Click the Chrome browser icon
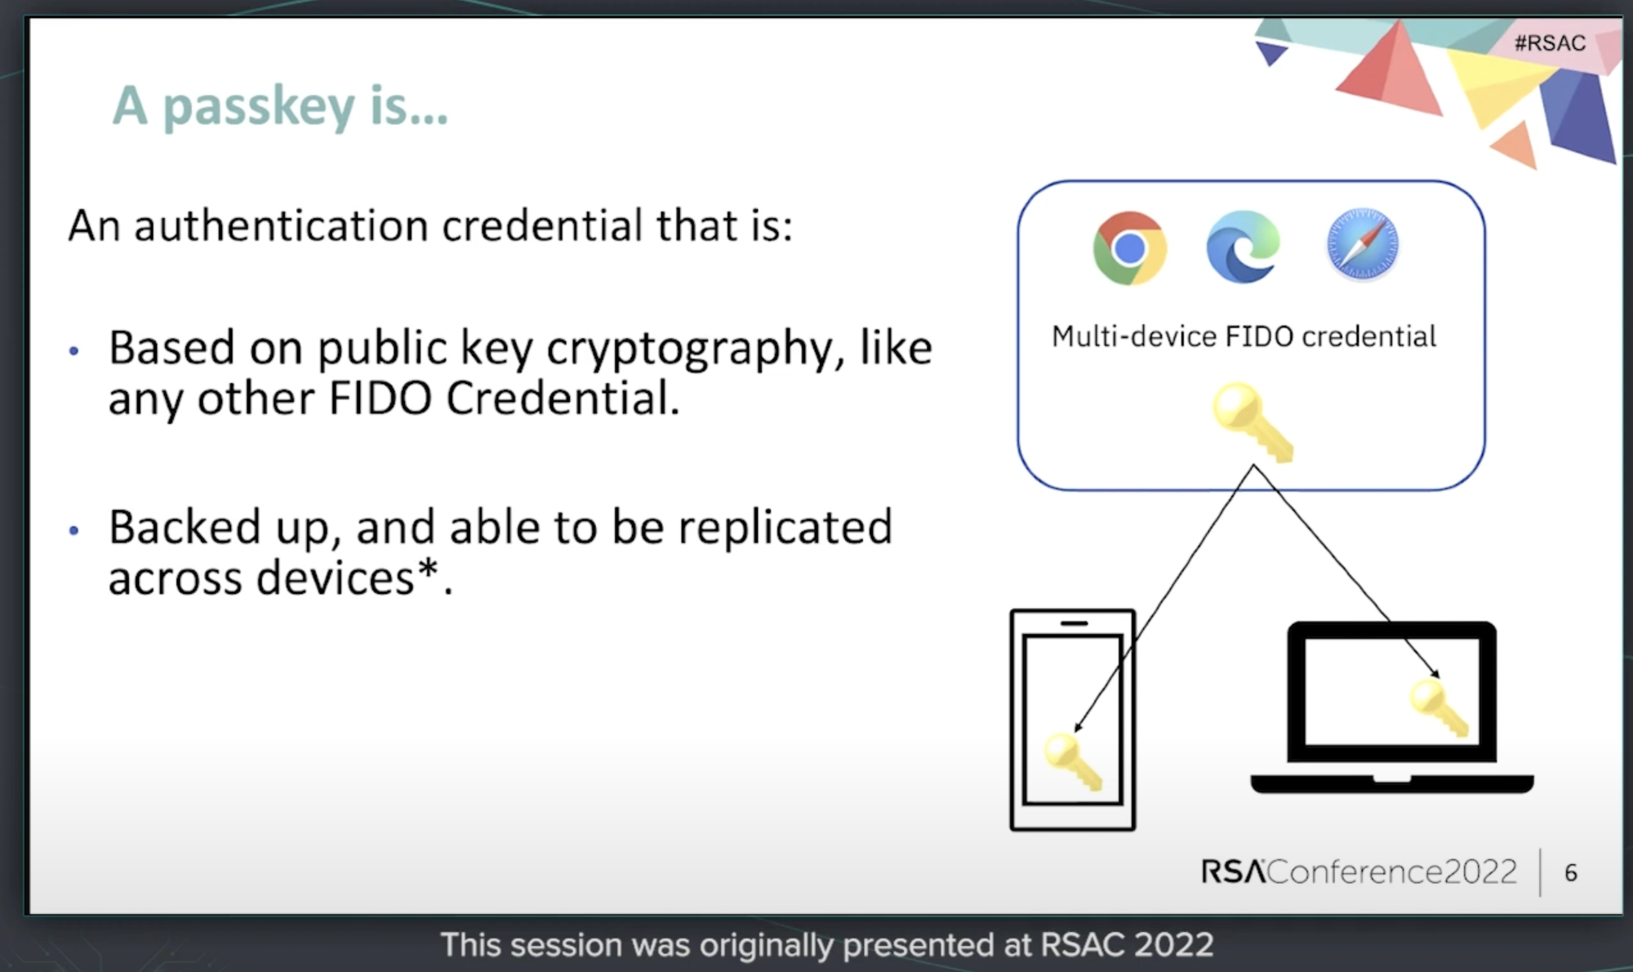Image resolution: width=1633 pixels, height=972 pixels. (1129, 247)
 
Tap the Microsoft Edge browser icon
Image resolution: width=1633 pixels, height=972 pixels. (1243, 247)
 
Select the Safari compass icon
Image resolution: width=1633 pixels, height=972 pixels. (1362, 244)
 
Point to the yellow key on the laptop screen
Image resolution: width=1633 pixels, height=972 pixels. (1439, 708)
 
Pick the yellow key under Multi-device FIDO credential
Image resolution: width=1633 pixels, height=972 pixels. (1253, 422)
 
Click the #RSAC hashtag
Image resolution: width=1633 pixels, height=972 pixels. (1550, 42)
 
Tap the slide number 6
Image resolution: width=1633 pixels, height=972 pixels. (1570, 873)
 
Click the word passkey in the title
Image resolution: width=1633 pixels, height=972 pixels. (259, 107)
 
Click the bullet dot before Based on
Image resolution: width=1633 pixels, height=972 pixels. (74, 351)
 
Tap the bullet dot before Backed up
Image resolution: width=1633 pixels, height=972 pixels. (74, 531)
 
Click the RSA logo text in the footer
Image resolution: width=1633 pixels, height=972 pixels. (1233, 872)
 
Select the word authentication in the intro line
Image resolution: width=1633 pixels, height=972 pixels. (281, 225)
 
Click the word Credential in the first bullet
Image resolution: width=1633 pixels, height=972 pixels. (562, 399)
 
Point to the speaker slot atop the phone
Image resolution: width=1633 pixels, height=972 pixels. (1074, 623)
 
